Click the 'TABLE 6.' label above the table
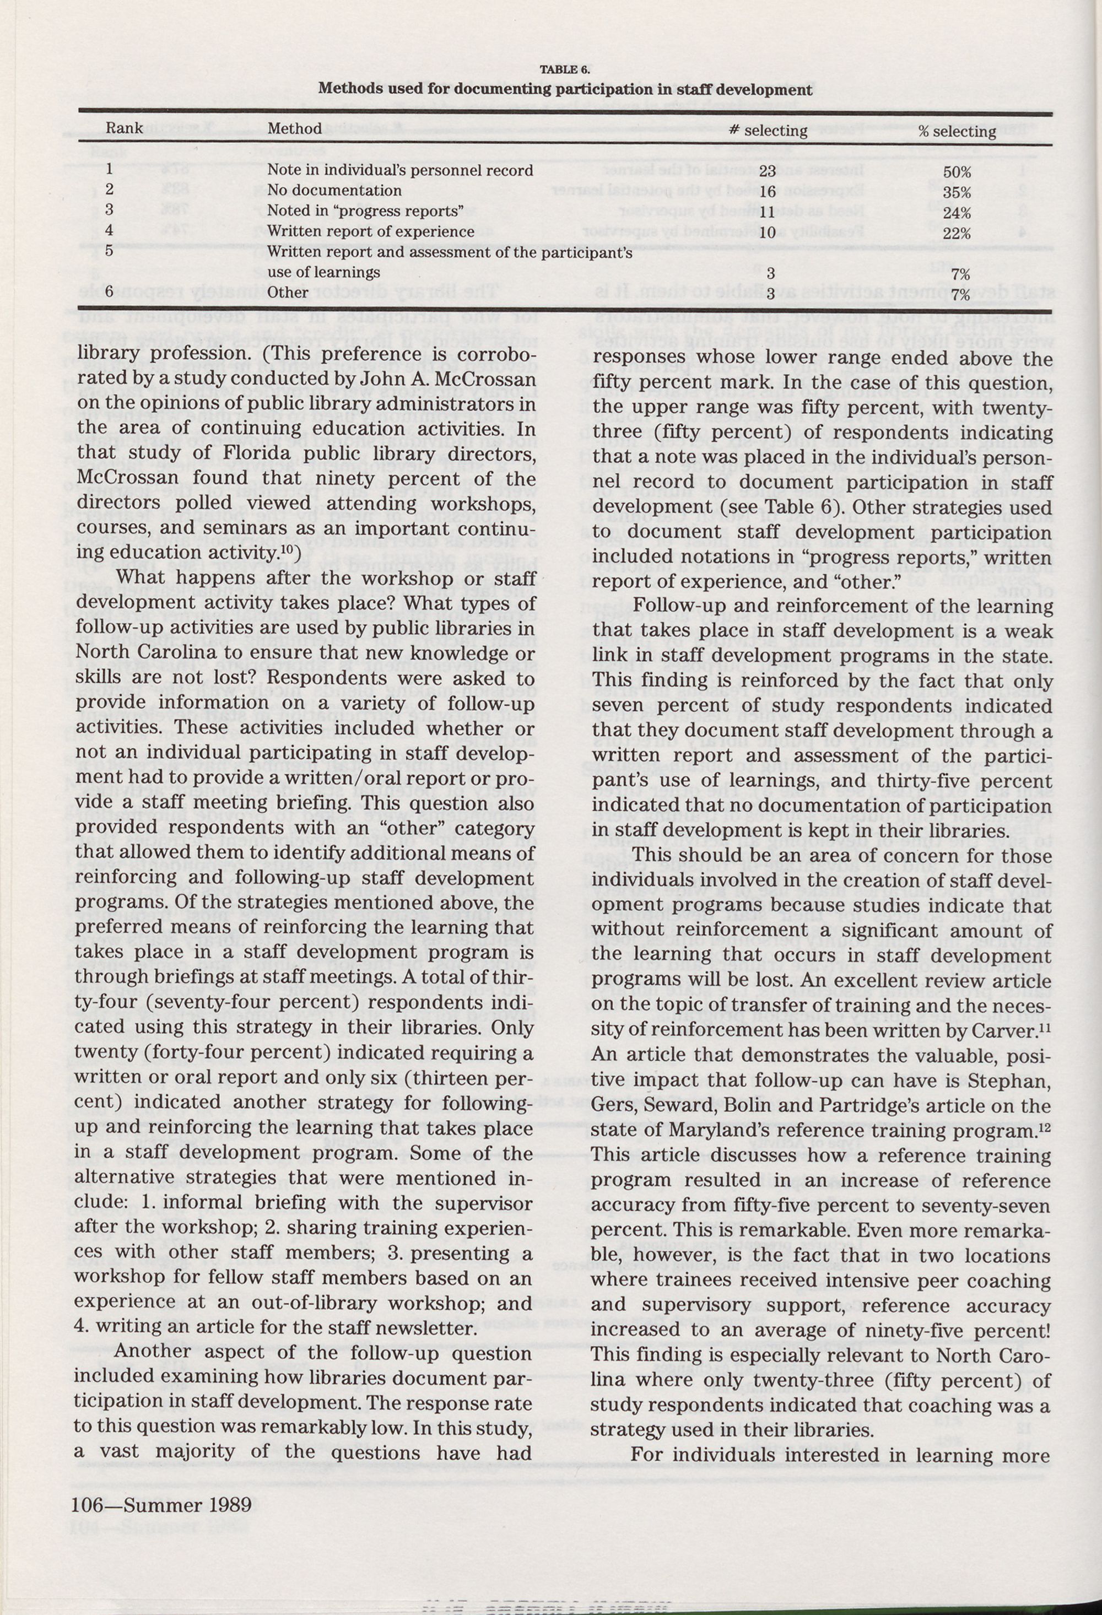tap(565, 69)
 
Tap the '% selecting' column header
tap(957, 131)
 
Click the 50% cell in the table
tap(957, 172)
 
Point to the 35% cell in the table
tap(957, 192)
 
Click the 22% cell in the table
tap(957, 234)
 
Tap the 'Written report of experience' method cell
tap(370, 231)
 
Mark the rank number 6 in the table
tap(109, 292)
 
